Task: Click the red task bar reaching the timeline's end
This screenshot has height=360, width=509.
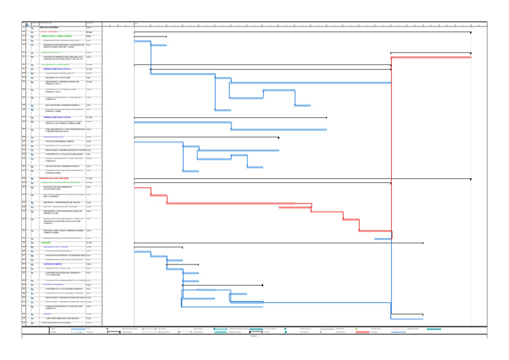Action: (431, 58)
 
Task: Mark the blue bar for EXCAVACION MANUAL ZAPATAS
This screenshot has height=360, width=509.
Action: (158, 142)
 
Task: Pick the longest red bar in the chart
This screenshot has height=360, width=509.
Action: (431, 58)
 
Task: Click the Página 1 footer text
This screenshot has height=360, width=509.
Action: (254, 355)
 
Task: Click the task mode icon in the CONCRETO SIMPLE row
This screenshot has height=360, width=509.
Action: (31, 264)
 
